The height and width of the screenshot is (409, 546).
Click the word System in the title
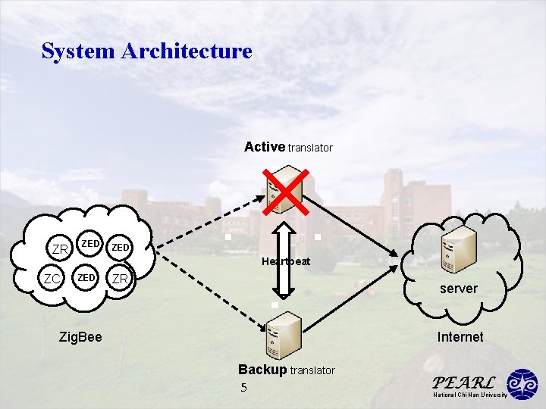coord(78,52)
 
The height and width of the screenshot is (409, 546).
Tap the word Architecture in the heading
coord(187,51)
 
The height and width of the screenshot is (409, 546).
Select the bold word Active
coord(265,147)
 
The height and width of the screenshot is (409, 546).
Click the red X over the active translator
coord(286,192)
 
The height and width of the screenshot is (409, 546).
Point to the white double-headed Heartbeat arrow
coord(284,261)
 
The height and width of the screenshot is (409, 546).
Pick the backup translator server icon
coord(284,336)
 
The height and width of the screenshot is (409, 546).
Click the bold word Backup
coord(262,370)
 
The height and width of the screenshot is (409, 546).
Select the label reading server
coord(459,289)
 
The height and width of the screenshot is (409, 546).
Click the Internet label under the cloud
coord(460,336)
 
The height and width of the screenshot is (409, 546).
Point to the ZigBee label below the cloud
coord(80,336)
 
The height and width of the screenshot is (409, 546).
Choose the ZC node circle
coord(52,278)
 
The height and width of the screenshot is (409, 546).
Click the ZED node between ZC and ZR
coord(86,277)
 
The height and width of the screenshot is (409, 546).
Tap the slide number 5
coord(243,388)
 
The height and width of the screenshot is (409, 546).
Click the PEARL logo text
coord(463,382)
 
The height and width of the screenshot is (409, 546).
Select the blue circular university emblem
coord(522,384)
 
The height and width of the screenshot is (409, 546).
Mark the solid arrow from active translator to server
coord(350,226)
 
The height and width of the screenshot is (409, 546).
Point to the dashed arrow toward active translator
coord(211,221)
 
